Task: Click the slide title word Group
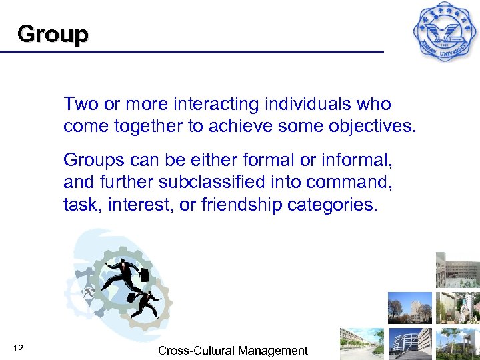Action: [53, 34]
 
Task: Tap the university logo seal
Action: [445, 31]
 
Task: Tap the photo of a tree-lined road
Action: [363, 343]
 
